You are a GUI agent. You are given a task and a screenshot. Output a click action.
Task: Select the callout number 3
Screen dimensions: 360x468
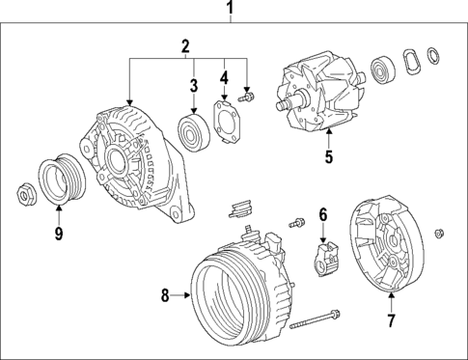point(193,86)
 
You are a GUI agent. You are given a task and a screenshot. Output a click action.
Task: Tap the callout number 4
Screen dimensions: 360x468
point(224,77)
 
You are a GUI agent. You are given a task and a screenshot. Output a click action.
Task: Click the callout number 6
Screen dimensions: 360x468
point(323,213)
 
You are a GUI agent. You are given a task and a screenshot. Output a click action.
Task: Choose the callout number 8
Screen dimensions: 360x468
point(164,295)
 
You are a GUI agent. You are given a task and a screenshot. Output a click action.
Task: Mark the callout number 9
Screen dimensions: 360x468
point(57,232)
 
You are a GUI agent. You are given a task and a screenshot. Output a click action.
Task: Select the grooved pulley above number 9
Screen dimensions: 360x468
point(61,179)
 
